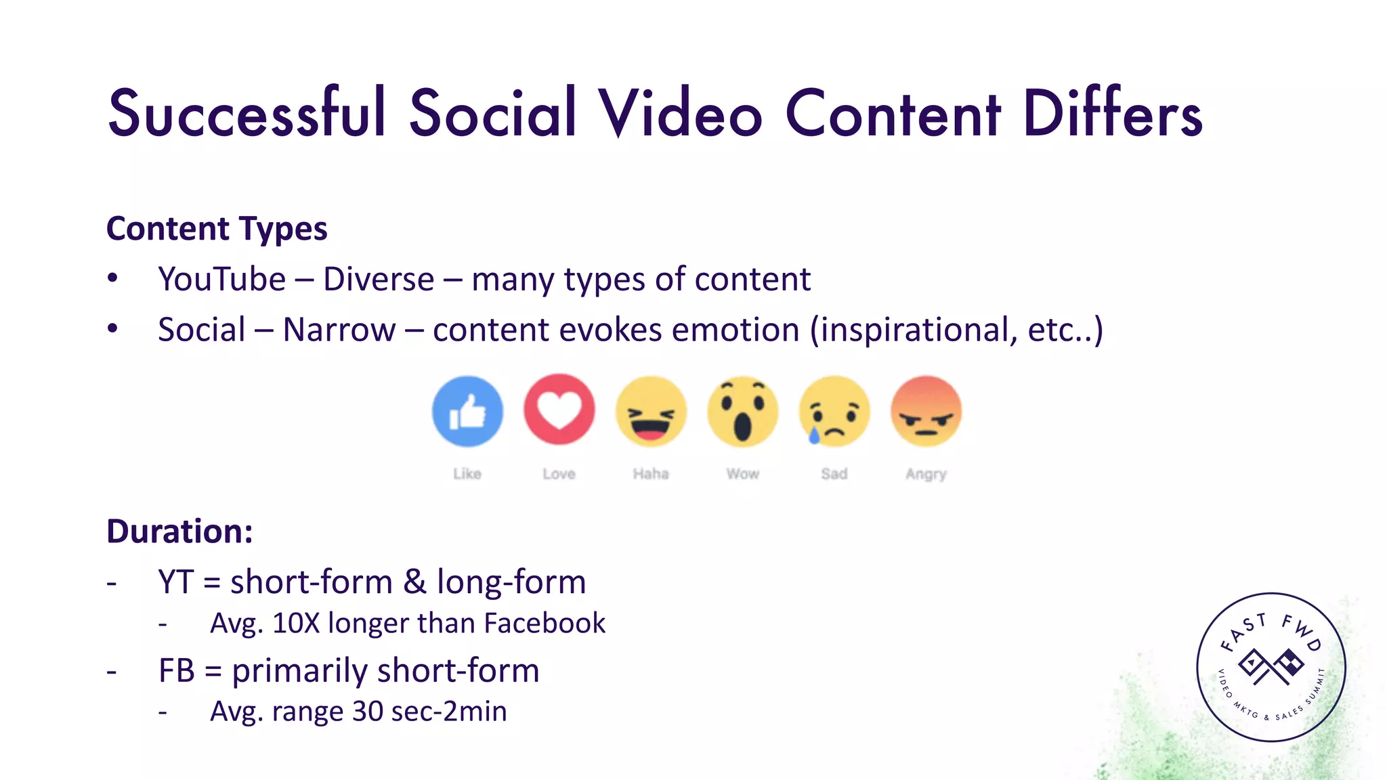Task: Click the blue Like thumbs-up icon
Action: (467, 411)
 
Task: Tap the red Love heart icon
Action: (559, 410)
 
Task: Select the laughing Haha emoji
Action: (651, 411)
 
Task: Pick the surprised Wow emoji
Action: (742, 411)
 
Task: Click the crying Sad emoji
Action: (834, 411)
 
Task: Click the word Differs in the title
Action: (1113, 113)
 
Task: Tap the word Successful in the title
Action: (247, 113)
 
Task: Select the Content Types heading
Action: (217, 229)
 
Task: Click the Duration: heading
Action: (179, 531)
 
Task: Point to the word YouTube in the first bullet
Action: (222, 279)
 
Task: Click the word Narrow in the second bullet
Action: (339, 330)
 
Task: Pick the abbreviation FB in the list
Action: (177, 671)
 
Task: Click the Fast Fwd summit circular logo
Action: (1271, 668)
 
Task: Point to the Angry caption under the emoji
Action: (926, 474)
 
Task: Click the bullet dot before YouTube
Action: (112, 278)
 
